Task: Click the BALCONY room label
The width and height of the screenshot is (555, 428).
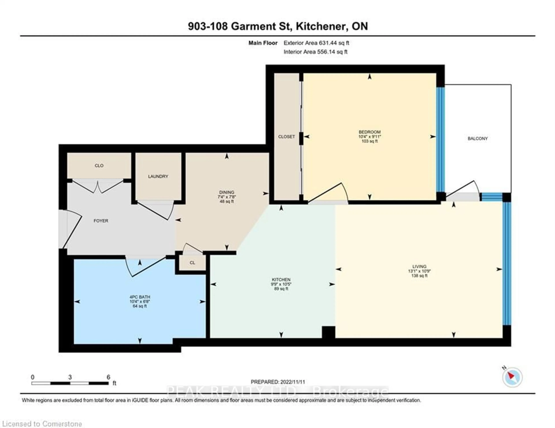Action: pyautogui.click(x=478, y=139)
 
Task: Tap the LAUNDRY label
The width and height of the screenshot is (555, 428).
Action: pyautogui.click(x=158, y=176)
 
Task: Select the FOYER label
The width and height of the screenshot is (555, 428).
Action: pyautogui.click(x=101, y=221)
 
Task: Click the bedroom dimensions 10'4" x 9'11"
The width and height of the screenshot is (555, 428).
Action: pyautogui.click(x=369, y=137)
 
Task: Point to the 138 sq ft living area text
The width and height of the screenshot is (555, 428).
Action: pyautogui.click(x=419, y=276)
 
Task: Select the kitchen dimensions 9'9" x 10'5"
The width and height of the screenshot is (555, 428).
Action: pyautogui.click(x=281, y=284)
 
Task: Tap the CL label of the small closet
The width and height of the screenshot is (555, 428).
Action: pyautogui.click(x=192, y=263)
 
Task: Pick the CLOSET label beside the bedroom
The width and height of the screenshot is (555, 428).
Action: pyautogui.click(x=286, y=137)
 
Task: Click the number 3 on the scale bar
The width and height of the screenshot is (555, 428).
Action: pyautogui.click(x=70, y=377)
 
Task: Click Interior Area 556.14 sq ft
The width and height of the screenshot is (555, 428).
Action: pyautogui.click(x=315, y=52)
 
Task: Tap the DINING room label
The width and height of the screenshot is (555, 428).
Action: pyautogui.click(x=227, y=192)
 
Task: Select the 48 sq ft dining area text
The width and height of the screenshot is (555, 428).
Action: pyautogui.click(x=227, y=202)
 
